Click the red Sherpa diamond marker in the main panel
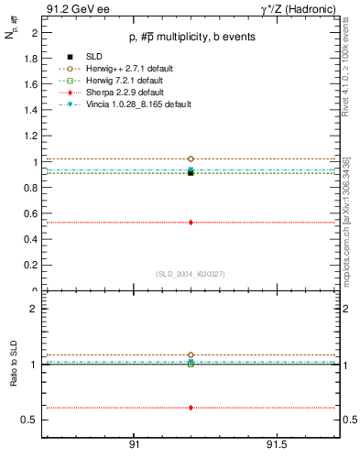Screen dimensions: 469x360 coord(191,222)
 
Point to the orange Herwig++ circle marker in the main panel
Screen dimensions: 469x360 coord(191,159)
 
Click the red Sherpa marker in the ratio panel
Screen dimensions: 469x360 coord(191,408)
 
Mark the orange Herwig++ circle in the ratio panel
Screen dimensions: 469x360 coord(191,354)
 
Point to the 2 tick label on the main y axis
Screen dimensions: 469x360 coord(34,32)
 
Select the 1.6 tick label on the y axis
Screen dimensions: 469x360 coord(30,84)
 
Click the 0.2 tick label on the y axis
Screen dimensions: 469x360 coord(30,266)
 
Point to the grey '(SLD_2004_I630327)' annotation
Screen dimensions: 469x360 coord(191,274)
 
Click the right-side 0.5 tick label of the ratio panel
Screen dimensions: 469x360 coord(348,420)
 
